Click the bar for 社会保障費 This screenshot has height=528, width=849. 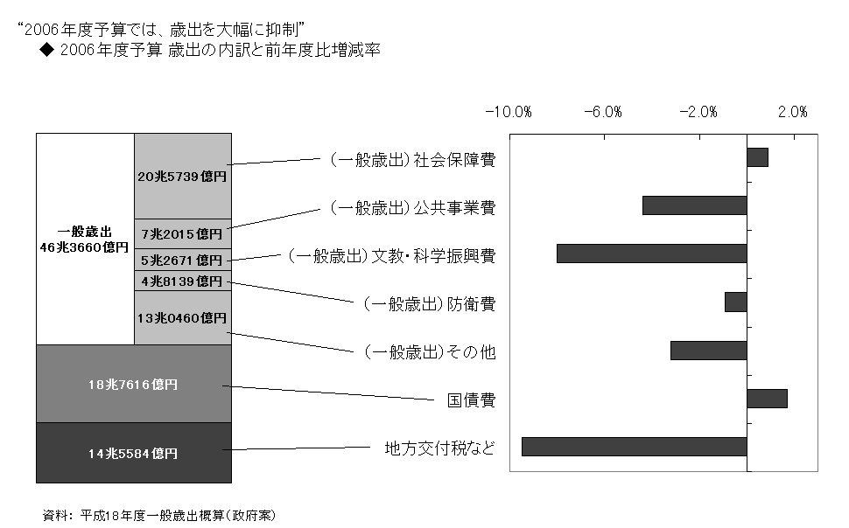(x=757, y=157)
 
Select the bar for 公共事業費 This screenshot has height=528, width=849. (x=695, y=205)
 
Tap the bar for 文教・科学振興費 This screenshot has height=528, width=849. (x=652, y=254)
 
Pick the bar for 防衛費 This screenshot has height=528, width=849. (x=736, y=302)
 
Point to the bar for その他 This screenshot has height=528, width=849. (x=709, y=351)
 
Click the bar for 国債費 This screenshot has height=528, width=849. (x=768, y=399)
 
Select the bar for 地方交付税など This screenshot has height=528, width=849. (x=635, y=447)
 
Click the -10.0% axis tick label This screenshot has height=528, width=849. (x=509, y=112)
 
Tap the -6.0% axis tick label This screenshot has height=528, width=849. (x=603, y=112)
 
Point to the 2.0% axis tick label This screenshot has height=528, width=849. (x=793, y=112)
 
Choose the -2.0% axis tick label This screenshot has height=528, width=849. (x=698, y=112)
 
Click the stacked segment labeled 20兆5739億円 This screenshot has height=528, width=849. (x=183, y=177)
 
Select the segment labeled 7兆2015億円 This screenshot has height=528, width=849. (x=183, y=234)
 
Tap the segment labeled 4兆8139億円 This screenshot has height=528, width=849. (x=183, y=281)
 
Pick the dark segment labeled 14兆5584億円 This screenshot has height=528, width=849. (x=134, y=453)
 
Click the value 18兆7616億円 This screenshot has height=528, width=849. (x=133, y=385)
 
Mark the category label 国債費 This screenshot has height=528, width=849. (x=471, y=400)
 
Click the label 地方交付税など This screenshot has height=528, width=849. (x=439, y=448)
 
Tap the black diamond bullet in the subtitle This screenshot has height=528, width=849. (x=47, y=50)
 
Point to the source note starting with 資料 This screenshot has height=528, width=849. (x=158, y=516)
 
